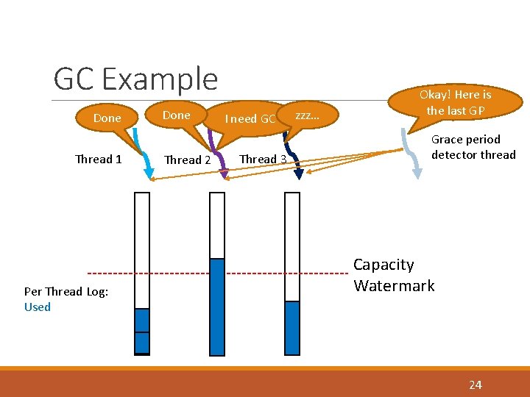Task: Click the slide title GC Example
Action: point(135,79)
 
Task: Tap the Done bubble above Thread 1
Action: point(107,118)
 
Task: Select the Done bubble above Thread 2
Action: point(176,115)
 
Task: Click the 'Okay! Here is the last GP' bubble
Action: point(455,102)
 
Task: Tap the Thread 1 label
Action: point(99,159)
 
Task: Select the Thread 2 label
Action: point(187,160)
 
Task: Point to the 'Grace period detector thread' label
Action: point(473,147)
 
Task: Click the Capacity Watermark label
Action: point(394,275)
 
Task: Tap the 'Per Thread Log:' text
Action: point(66,291)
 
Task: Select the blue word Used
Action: point(38,307)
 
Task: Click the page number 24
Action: point(476,385)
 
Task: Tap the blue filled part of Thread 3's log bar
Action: point(292,327)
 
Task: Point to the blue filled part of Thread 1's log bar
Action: point(142,330)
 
